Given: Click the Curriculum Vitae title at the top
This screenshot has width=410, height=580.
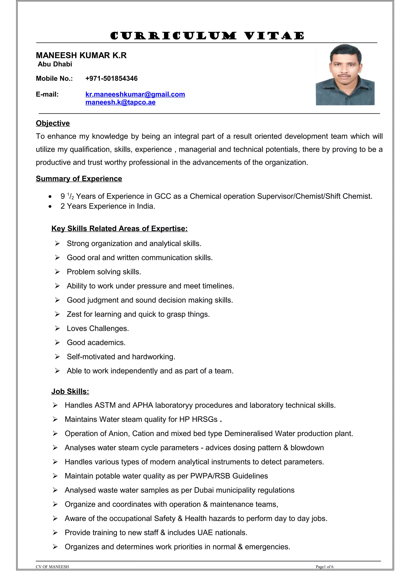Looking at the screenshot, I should (207, 36).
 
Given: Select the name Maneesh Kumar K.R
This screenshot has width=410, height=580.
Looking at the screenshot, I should (81, 55).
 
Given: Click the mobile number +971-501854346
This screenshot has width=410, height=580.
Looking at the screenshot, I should (111, 79).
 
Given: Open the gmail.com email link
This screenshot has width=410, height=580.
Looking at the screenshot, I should (135, 94).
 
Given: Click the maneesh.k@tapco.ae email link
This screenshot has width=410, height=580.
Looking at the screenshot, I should (120, 102).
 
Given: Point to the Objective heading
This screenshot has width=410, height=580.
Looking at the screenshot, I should (53, 123).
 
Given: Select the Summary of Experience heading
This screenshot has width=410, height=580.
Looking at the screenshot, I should (79, 179).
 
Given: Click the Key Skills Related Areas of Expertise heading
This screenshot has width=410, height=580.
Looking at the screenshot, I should (119, 228).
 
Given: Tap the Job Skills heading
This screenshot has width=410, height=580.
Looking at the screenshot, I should (70, 391).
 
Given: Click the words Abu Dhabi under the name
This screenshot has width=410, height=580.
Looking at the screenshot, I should (55, 64).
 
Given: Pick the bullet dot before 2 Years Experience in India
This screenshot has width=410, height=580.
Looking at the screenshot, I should (50, 207).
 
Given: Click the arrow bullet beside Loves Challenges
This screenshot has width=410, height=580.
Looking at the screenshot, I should (57, 328).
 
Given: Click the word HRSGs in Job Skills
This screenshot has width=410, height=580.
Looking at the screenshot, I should (205, 419).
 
